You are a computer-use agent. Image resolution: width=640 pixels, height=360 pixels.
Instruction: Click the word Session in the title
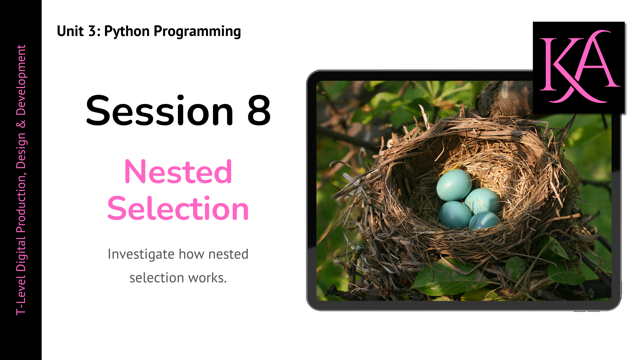[x=160, y=111]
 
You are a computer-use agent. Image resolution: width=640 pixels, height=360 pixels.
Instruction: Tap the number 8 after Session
[x=259, y=111]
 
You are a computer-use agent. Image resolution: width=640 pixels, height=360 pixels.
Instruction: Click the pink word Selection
[x=178, y=208]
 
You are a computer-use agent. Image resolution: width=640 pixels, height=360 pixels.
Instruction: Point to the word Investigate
[x=141, y=255]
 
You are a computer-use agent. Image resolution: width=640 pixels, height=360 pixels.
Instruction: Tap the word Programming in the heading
[x=197, y=32]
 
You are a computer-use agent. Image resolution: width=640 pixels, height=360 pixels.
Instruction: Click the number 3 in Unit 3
[x=92, y=31]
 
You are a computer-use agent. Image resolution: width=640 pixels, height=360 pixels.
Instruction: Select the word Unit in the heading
[x=70, y=31]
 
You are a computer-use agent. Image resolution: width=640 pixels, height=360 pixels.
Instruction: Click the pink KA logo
[x=579, y=68]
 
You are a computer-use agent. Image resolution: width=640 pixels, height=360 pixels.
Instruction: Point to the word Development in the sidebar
[x=21, y=80]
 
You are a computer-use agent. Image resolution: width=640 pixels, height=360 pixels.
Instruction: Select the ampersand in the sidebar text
[x=21, y=124]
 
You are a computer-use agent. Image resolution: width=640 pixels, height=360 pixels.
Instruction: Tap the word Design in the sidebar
[x=21, y=150]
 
